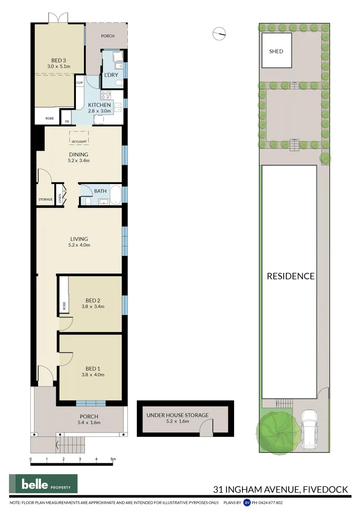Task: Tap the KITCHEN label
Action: (99, 105)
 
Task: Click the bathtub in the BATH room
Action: (116, 195)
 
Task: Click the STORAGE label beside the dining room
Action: (46, 200)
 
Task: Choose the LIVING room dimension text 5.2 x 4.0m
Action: (79, 245)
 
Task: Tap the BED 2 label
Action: (93, 300)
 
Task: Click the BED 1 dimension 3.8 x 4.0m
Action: (93, 374)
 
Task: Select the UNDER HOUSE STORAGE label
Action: (177, 415)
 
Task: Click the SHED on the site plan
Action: (276, 51)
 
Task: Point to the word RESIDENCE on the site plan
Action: (291, 276)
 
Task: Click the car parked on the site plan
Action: (309, 429)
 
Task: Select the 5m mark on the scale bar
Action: (113, 459)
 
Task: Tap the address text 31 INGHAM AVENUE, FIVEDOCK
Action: (281, 489)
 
